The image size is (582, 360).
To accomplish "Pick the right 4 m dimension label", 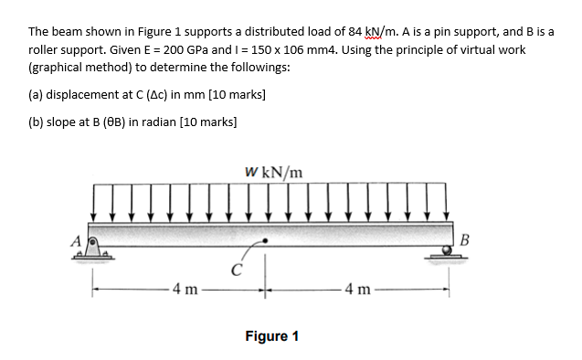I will click(358, 292).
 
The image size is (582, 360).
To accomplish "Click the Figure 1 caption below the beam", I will click(272, 335).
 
